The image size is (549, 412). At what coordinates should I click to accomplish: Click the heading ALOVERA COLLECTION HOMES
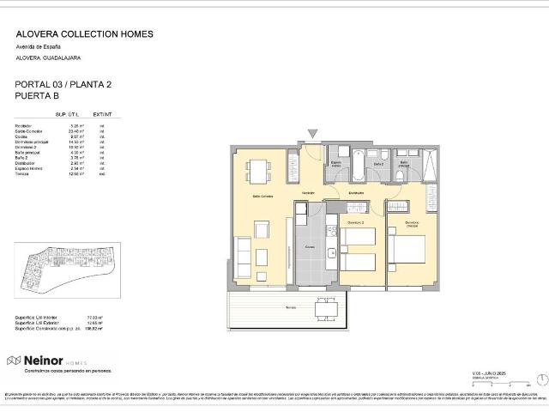85,34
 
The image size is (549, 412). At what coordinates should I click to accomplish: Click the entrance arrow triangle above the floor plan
312,133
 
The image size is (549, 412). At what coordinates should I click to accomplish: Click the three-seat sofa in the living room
244,253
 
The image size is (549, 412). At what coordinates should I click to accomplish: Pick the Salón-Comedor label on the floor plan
262,197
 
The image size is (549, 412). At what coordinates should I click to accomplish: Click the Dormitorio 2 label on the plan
356,224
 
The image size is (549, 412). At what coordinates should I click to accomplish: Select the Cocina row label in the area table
22,136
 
